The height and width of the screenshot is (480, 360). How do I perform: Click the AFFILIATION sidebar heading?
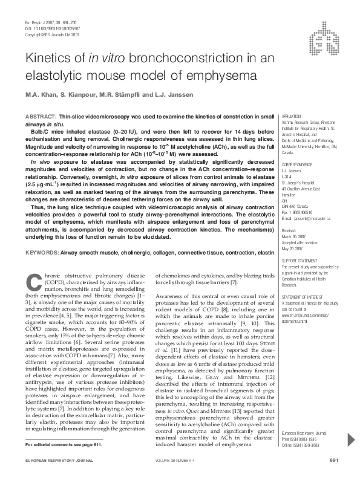click(x=291, y=115)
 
